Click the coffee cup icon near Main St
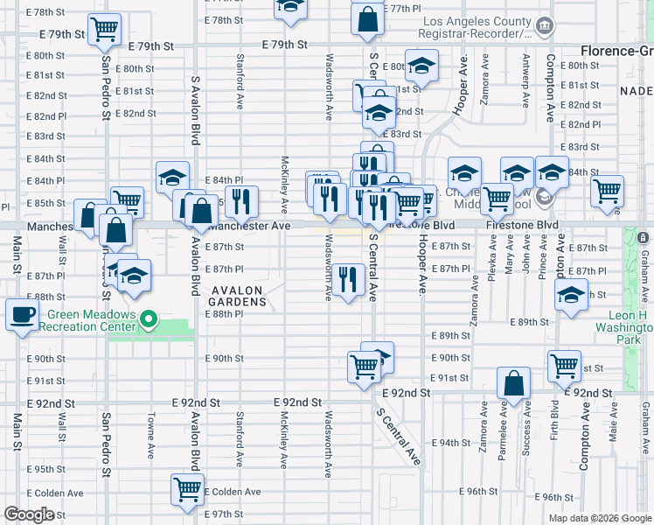point(23,313)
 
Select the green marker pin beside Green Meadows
point(149,321)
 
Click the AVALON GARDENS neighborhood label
point(236,295)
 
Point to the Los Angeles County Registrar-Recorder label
point(477,27)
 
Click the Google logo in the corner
point(29,514)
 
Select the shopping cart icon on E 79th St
point(104,29)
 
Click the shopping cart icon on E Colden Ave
point(188,492)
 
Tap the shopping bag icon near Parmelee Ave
point(513,382)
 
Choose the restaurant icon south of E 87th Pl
point(349,279)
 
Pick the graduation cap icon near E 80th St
point(421,66)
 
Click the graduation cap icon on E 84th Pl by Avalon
point(172,176)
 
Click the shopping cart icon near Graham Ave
point(607,190)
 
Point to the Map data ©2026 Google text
point(599,518)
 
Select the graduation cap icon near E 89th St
point(572,297)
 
